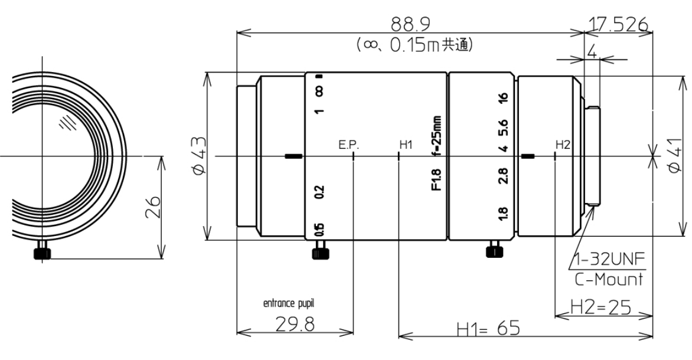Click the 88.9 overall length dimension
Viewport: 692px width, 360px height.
410,24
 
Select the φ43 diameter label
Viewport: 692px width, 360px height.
199,156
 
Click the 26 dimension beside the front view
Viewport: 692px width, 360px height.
152,207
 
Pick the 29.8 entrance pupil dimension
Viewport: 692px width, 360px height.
295,325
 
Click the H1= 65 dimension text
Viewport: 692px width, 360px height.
488,329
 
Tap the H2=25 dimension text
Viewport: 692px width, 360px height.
600,307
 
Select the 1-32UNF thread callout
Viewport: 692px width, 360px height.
609,260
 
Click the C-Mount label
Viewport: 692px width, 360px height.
609,279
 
